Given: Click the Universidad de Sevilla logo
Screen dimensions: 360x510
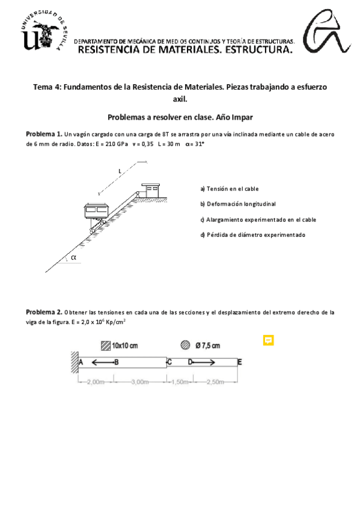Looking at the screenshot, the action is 44,31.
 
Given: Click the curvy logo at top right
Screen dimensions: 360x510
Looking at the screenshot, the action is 326,31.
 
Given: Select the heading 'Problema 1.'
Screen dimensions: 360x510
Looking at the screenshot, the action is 44,134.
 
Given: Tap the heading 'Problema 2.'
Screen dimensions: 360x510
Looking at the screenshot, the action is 44,312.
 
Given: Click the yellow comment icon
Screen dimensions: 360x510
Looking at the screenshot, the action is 269,340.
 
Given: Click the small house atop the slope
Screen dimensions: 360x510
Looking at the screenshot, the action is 150,190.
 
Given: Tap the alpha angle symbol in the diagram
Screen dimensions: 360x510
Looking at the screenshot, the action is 74,257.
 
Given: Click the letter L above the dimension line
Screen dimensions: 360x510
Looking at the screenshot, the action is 120,171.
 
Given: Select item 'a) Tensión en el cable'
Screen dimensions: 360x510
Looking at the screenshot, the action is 230,189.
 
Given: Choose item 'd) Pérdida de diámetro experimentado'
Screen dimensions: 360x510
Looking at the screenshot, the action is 253,235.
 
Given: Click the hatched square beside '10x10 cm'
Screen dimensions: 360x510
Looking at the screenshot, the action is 106,345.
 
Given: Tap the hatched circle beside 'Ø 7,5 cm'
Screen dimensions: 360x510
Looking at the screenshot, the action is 185,345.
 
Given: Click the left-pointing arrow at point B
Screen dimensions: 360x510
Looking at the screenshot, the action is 102,362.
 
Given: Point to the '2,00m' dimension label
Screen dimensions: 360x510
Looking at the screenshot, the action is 96,382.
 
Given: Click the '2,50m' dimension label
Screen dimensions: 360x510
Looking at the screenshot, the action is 215,382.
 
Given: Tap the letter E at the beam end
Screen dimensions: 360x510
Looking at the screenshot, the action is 240,362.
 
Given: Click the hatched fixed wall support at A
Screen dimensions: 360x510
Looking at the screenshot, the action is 75,362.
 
